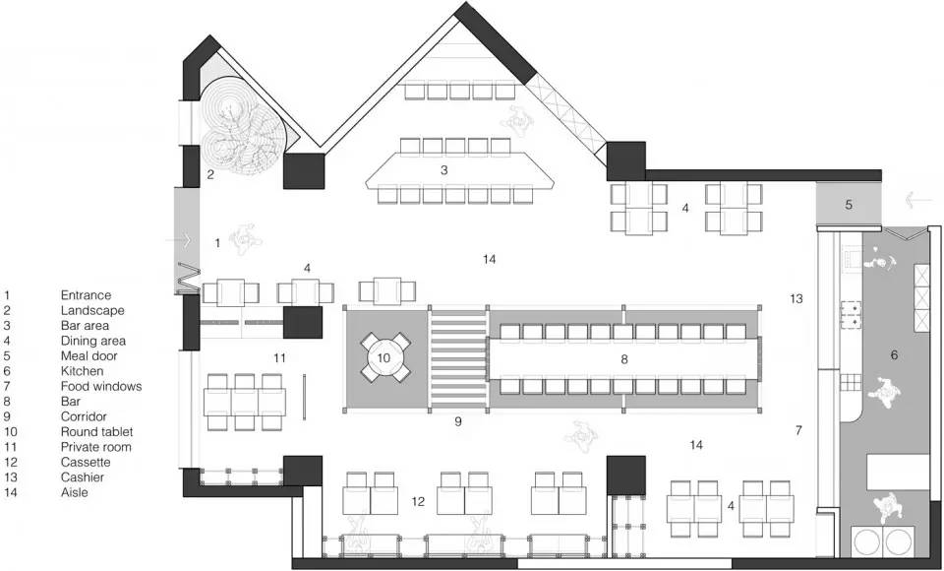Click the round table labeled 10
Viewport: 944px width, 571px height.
click(384, 358)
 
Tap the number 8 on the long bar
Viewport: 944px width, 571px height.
click(624, 359)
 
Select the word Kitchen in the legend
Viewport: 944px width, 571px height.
click(82, 371)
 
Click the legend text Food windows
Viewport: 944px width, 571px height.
click(101, 386)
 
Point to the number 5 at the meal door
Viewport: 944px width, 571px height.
click(849, 205)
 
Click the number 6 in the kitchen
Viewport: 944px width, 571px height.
click(894, 355)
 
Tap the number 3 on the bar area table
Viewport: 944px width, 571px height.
click(444, 170)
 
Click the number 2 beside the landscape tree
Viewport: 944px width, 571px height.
click(210, 175)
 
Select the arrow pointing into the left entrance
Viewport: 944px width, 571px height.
click(178, 240)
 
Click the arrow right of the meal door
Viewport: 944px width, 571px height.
click(917, 199)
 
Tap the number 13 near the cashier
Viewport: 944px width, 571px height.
click(796, 298)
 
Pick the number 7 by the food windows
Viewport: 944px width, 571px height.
click(798, 430)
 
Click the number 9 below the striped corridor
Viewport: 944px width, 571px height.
click(458, 421)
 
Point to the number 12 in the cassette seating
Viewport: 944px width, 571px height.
click(419, 501)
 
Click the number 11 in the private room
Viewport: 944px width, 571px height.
click(279, 358)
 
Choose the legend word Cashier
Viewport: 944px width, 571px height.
click(83, 476)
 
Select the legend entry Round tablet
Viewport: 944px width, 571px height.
click(97, 432)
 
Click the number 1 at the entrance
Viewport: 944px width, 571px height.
click(217, 243)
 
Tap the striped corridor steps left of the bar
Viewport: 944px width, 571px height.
click(458, 360)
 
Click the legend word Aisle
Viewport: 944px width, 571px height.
click(75, 492)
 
